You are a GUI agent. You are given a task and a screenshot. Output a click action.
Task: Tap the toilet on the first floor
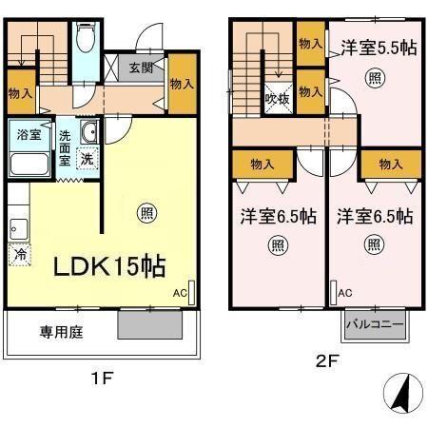[x=85, y=39]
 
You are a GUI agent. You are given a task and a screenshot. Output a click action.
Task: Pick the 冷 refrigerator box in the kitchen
[x=18, y=255]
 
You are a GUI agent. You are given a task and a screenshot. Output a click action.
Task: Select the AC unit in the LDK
[x=190, y=293]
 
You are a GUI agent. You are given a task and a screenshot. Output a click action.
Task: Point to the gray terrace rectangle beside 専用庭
[x=150, y=326]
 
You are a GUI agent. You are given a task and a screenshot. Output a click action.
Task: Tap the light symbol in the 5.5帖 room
[x=377, y=76]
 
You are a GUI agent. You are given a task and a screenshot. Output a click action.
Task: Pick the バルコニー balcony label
[x=375, y=325]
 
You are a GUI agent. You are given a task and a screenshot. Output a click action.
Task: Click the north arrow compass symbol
[x=402, y=393]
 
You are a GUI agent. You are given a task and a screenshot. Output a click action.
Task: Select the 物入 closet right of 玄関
[x=183, y=84]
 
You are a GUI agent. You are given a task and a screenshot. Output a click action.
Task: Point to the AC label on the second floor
[x=345, y=292]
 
